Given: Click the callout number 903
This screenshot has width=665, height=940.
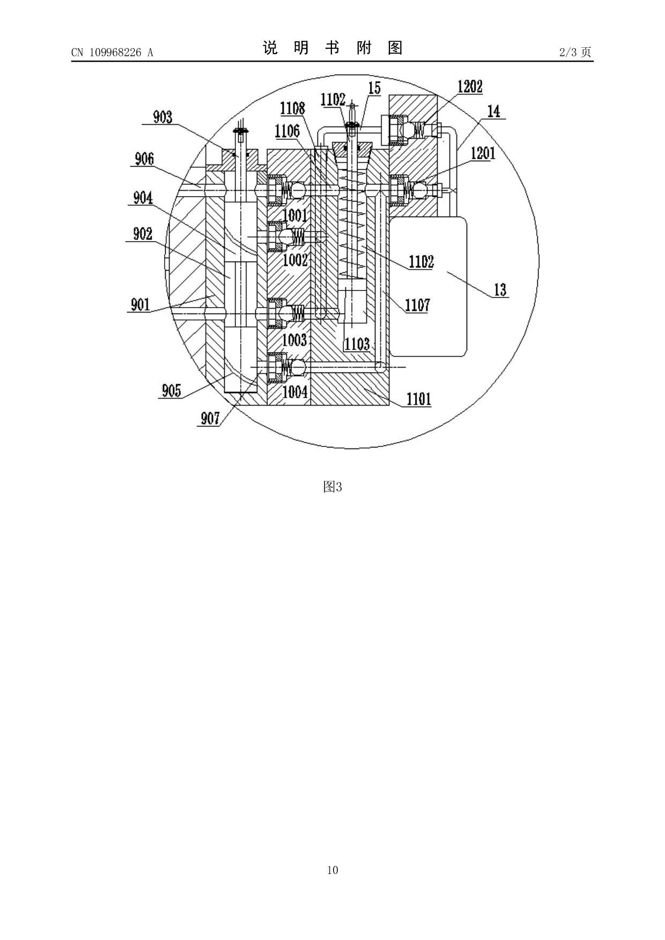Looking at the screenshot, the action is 162,117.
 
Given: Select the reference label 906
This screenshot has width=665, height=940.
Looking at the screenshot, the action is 144,159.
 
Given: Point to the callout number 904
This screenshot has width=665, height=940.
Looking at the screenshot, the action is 143,198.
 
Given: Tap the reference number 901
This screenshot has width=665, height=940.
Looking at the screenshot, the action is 141,304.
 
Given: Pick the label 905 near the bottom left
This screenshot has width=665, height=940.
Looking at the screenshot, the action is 172,391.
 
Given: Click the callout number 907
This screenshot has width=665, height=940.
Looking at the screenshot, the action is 210,418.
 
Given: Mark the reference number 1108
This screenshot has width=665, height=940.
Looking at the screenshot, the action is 292,109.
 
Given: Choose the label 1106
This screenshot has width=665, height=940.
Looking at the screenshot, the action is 287,131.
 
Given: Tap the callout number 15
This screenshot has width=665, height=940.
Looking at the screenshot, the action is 374,88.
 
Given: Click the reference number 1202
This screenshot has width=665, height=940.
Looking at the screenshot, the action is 470,87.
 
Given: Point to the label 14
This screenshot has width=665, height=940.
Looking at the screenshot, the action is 493,111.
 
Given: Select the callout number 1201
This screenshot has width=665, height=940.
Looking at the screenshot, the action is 483,153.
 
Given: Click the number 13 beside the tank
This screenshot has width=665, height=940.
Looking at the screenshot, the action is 500,290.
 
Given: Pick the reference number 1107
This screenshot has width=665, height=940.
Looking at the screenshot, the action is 417,305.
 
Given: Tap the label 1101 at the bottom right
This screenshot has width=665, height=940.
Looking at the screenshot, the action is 419,399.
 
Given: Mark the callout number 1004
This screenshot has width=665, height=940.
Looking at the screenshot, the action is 295,392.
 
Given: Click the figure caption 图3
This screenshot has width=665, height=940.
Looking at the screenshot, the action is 332,487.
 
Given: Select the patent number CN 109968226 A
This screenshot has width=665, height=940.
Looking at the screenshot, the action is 112,53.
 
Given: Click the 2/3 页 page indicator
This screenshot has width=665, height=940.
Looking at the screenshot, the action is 575,52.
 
